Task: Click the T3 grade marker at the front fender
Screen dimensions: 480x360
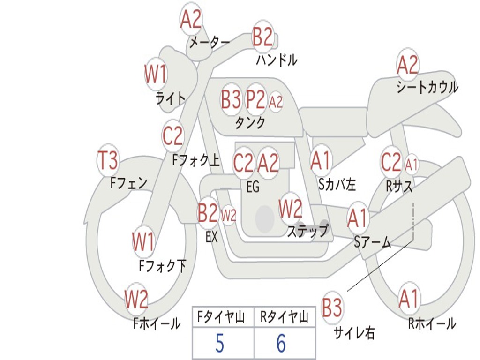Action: (107, 161)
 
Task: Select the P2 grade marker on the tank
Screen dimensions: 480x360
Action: (255, 100)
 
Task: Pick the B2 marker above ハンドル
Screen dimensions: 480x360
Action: (262, 37)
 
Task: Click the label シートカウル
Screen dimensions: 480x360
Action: (427, 87)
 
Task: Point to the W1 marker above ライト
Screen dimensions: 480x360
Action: (155, 75)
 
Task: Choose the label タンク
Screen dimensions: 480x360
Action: (250, 123)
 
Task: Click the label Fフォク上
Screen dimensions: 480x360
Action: (195, 161)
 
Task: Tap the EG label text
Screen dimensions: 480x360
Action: (253, 187)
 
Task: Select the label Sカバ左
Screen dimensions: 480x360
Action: (337, 185)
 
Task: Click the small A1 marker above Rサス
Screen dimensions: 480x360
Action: (411, 165)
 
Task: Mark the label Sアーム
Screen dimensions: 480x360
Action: (372, 242)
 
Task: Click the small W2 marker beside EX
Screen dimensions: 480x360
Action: (228, 216)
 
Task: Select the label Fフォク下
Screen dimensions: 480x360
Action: (163, 266)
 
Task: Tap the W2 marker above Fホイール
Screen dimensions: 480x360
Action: (136, 300)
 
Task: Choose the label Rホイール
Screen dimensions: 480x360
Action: (432, 323)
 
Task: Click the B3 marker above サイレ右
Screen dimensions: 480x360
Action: (332, 308)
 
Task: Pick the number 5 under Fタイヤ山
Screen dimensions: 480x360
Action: (219, 344)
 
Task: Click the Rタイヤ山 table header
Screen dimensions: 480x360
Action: (284, 318)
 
